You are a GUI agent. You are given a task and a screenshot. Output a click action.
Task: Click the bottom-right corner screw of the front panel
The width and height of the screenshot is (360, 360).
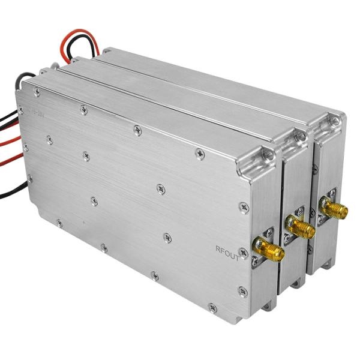pos(242,292)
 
